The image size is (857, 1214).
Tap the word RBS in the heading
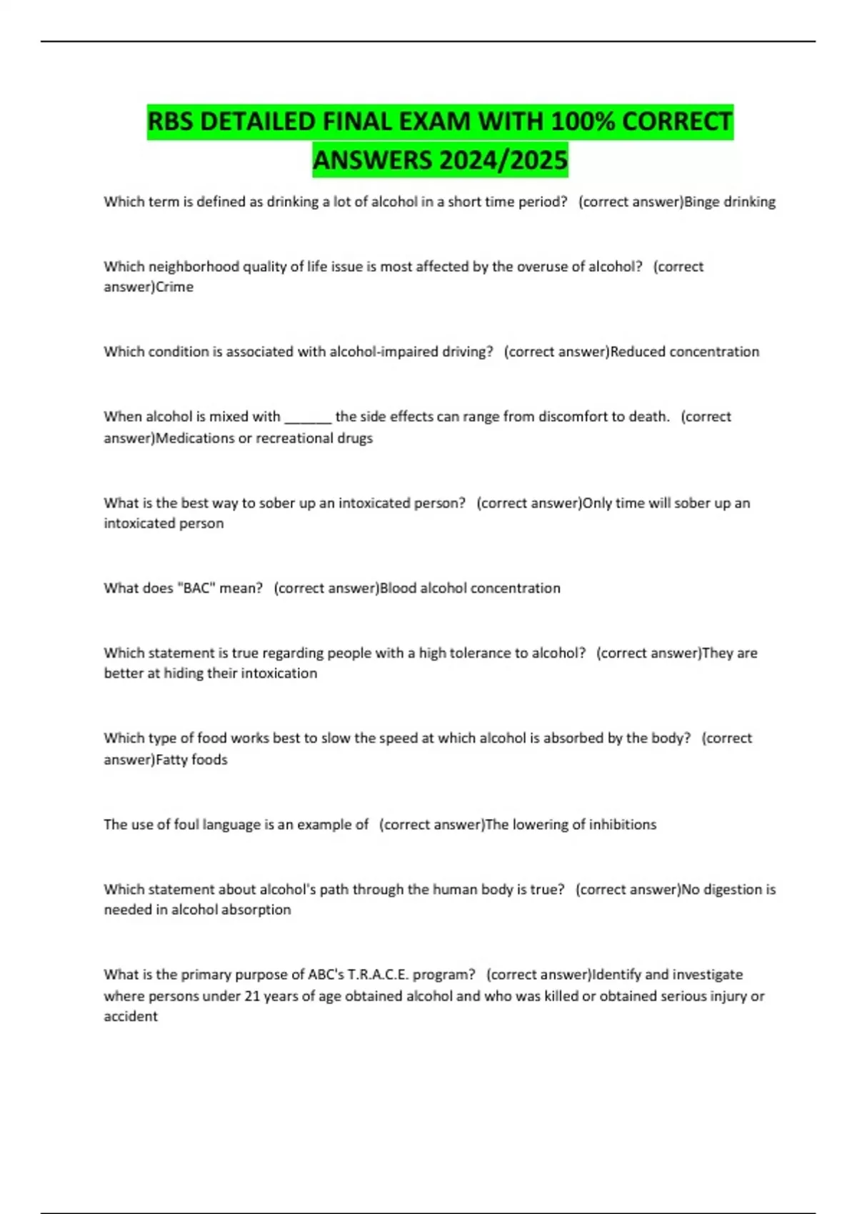click(x=171, y=121)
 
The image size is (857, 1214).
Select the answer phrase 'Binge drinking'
click(x=729, y=202)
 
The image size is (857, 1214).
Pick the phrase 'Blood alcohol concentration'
click(x=470, y=588)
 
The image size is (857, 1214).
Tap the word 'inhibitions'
click(x=622, y=825)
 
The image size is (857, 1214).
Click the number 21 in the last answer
click(x=252, y=996)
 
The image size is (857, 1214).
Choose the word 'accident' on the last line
click(x=131, y=1017)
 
